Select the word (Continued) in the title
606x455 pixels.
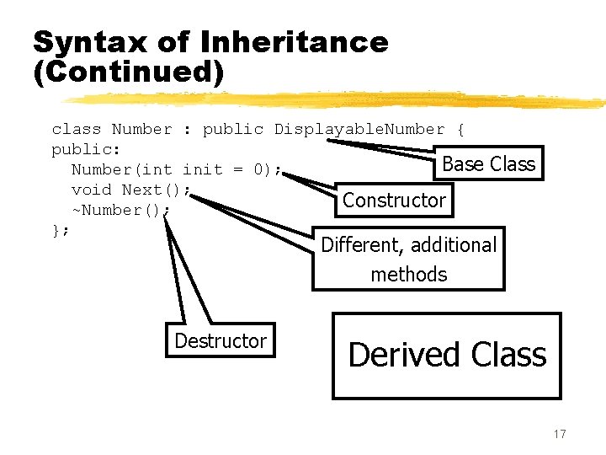[x=129, y=73]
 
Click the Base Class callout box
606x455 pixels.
[x=488, y=163]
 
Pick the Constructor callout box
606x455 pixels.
[x=394, y=201]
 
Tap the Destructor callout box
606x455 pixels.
[x=220, y=340]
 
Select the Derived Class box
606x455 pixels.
[x=447, y=355]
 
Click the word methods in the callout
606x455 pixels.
[x=409, y=274]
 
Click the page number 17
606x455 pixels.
[x=560, y=434]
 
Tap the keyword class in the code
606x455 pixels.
[x=77, y=130]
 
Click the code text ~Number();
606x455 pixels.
[x=120, y=211]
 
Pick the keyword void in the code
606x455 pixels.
[x=92, y=190]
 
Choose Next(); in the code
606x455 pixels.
[x=157, y=190]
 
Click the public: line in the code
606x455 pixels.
[x=87, y=150]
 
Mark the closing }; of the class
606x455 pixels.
[x=61, y=230]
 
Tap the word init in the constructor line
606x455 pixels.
[x=202, y=170]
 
